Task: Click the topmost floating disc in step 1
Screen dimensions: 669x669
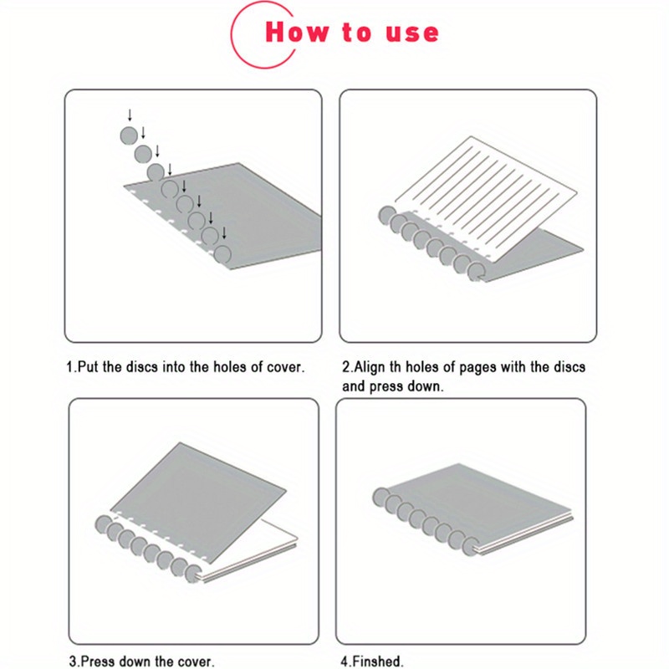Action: coord(127,135)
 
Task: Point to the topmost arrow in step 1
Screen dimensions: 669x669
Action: coord(130,115)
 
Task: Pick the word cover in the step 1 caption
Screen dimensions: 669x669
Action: coord(284,367)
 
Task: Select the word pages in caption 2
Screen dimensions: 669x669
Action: coord(466,367)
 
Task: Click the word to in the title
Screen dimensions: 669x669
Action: coord(356,33)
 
